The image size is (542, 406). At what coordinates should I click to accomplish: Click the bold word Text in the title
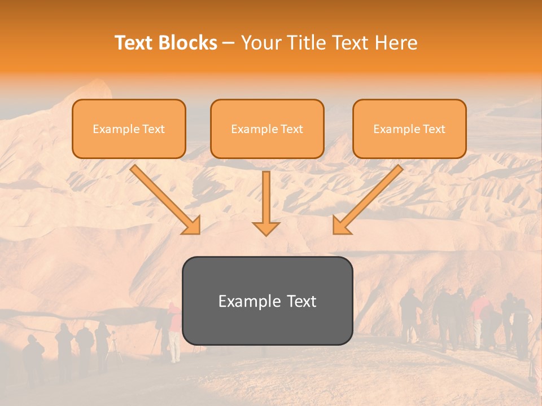point(135,43)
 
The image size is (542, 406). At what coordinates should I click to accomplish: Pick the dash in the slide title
point(229,43)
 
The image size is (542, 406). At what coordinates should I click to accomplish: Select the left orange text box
point(129,129)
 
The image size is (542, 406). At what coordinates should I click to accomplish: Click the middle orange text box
point(267,129)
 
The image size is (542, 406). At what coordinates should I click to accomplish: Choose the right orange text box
point(409,129)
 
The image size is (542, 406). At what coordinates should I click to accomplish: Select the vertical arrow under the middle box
point(266,204)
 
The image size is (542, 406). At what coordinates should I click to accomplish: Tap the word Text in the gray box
point(301,301)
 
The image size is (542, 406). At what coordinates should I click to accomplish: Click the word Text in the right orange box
point(434,129)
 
